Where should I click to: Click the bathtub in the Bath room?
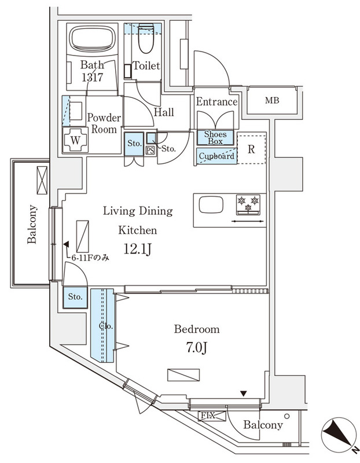[x=93, y=39]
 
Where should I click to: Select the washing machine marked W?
[x=75, y=139]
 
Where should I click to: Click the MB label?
[x=272, y=101]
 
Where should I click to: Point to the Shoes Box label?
[x=216, y=137]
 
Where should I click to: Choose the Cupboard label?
[x=216, y=156]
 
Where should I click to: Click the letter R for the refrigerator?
[x=251, y=148]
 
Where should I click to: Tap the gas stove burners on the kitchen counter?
[x=248, y=203]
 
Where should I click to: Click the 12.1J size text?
[x=138, y=249]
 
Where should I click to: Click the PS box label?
[x=150, y=151]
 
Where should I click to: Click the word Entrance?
[x=216, y=102]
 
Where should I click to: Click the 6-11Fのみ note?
[x=90, y=258]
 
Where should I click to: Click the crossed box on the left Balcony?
[x=42, y=179]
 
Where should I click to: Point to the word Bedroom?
[x=197, y=329]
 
